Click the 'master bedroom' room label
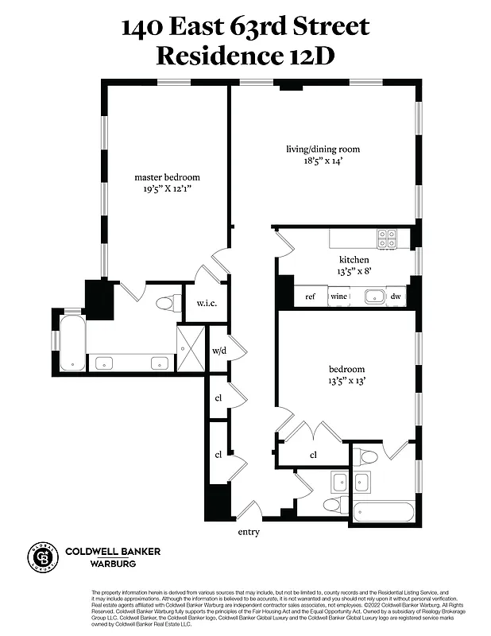point(167,176)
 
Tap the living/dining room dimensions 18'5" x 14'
point(323,161)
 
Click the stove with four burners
point(387,237)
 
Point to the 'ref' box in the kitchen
point(311,297)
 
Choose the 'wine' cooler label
point(339,297)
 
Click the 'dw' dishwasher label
point(395,297)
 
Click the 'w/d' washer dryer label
point(218,351)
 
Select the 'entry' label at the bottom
point(249,532)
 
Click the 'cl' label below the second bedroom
point(313,456)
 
